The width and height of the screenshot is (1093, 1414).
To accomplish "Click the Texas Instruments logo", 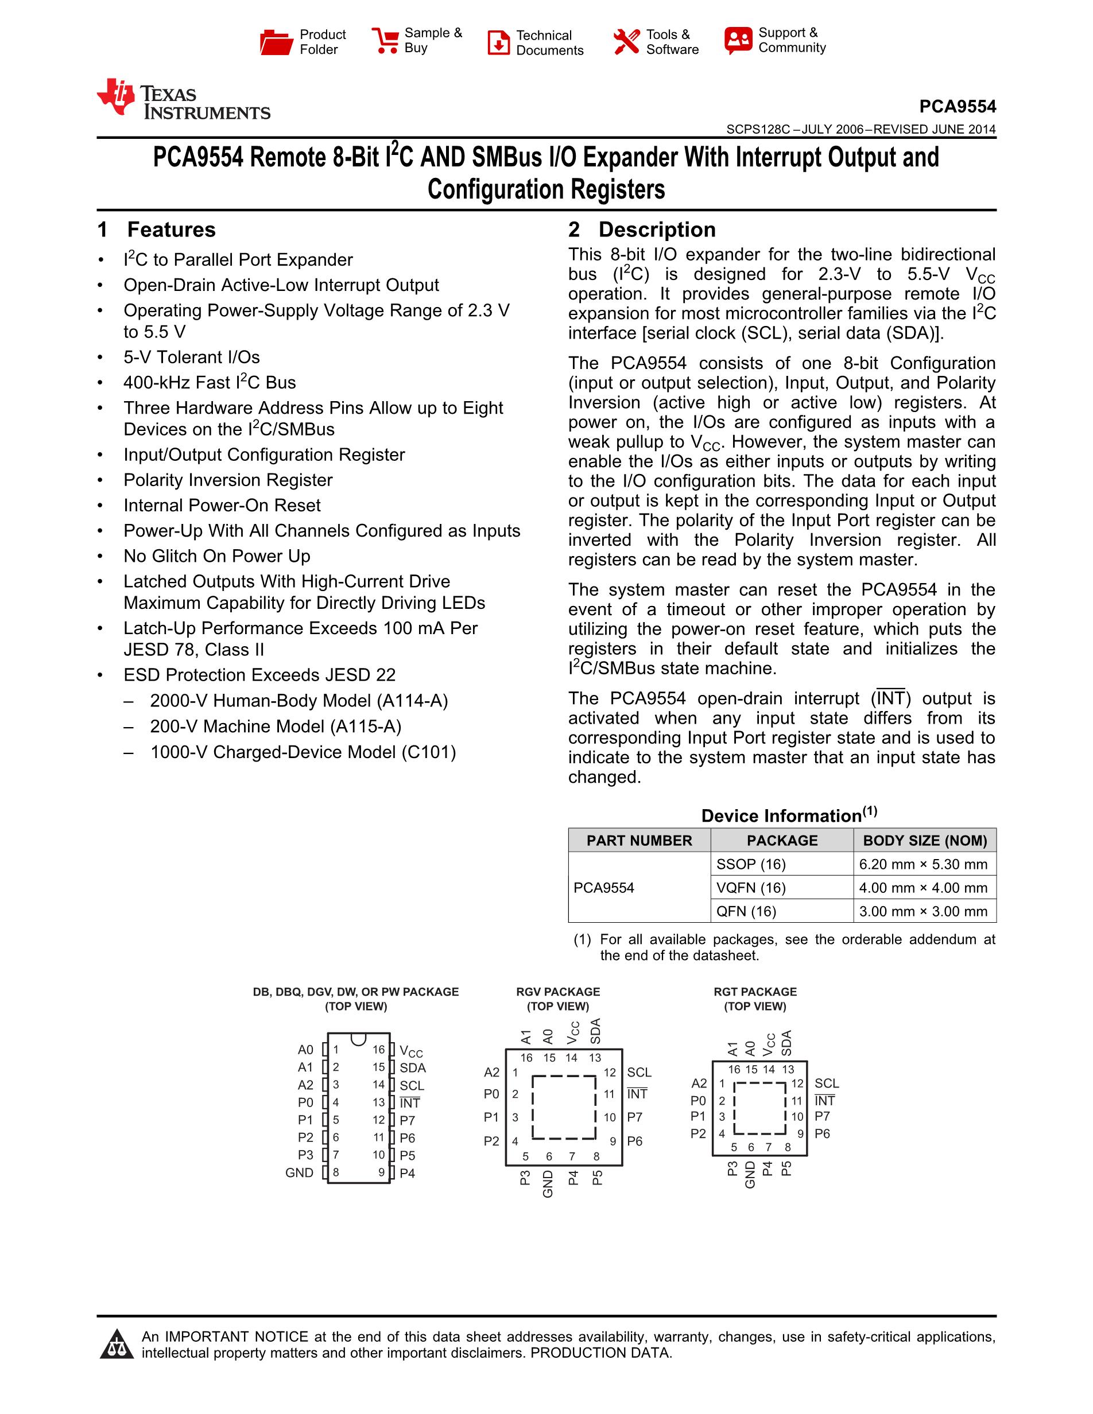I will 183,100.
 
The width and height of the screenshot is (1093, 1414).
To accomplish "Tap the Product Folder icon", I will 276,42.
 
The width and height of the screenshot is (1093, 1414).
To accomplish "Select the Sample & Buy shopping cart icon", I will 385,40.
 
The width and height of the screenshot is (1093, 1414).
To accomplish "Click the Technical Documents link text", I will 549,42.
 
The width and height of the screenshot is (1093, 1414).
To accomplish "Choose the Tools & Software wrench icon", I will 626,42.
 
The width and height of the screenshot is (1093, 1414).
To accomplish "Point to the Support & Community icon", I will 738,40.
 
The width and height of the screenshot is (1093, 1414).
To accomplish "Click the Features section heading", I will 171,230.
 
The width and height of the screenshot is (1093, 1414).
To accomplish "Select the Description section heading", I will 657,230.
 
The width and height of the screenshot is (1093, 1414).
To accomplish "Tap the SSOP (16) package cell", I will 750,864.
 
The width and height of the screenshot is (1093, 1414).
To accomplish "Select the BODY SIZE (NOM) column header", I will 925,840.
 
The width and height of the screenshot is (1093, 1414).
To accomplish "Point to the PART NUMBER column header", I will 639,840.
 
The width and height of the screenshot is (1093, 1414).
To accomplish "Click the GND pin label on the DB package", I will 299,1172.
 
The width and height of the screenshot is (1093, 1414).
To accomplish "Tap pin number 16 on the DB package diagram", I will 379,1050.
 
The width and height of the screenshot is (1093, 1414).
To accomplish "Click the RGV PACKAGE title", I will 558,992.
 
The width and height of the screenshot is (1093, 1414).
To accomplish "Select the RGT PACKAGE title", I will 755,992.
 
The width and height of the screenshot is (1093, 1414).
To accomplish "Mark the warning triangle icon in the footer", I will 117,1344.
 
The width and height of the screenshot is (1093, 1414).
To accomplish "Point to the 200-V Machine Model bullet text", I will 275,727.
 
